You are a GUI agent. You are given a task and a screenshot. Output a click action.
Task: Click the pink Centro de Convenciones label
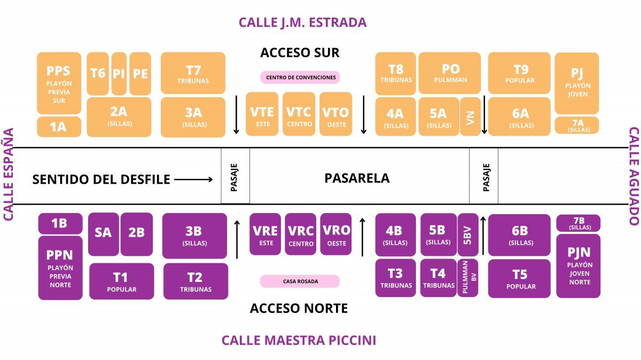(x=300, y=77)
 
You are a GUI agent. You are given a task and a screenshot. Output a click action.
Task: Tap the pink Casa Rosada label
(x=300, y=281)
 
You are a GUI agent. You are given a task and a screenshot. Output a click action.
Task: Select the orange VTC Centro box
(x=299, y=114)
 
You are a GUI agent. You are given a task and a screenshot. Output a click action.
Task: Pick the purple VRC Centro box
(x=301, y=234)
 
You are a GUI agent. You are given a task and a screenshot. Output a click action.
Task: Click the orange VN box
(x=470, y=116)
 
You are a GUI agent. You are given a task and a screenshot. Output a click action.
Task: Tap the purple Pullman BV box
(x=468, y=278)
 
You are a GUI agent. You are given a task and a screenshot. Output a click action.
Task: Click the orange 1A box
(x=59, y=127)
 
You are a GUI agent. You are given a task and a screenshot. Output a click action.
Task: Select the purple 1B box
(x=60, y=223)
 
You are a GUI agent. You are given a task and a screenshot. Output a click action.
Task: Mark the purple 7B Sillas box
(x=579, y=223)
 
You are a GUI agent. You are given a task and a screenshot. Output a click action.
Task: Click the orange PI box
(x=119, y=73)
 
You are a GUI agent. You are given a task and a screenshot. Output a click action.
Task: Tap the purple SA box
(x=104, y=234)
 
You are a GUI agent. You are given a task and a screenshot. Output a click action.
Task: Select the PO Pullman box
(x=450, y=73)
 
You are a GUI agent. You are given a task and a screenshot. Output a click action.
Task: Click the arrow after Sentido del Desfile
(x=194, y=179)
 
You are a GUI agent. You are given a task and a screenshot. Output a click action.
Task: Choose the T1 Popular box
(x=121, y=280)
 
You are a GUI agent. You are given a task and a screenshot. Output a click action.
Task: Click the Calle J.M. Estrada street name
(x=302, y=22)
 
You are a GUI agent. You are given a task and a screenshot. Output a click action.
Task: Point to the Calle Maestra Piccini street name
(x=299, y=340)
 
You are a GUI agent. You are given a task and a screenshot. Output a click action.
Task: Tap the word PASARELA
(x=357, y=178)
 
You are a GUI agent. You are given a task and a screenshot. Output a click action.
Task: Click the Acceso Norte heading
(x=299, y=308)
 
